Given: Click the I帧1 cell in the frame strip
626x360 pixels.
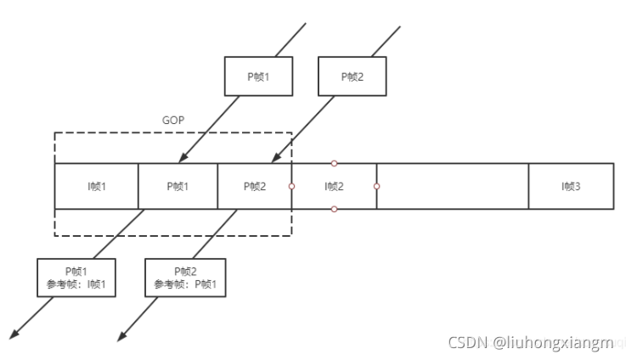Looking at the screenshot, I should [x=96, y=186].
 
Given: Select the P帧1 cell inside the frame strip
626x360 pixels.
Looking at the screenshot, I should [x=178, y=186].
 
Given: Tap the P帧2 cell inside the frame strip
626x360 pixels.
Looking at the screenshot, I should [x=255, y=186].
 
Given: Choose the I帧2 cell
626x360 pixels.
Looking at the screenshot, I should [x=334, y=186].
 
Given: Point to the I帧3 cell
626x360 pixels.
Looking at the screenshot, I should [x=570, y=186].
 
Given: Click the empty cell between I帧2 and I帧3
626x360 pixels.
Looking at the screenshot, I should [x=452, y=186].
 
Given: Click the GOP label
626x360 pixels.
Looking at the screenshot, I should [x=172, y=121].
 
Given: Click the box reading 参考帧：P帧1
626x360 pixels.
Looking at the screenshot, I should [x=185, y=278].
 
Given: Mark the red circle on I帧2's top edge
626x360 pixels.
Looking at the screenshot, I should [x=334, y=163].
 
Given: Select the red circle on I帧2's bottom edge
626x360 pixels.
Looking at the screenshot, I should [x=334, y=209].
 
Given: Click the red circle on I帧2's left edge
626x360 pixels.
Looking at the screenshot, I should [x=291, y=186].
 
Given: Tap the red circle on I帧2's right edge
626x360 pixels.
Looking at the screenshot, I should [x=376, y=186].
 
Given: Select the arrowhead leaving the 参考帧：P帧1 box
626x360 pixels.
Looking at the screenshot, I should [x=122, y=337].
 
